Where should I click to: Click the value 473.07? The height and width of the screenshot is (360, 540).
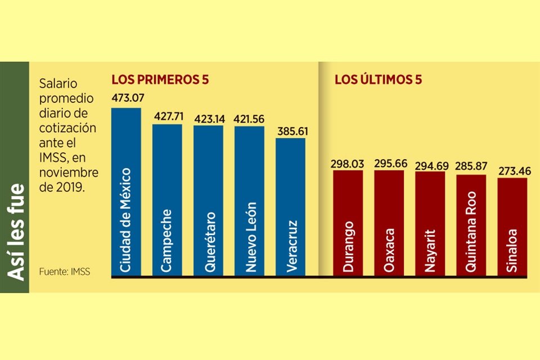coord(128,98)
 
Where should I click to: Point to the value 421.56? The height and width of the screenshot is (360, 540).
coord(249,119)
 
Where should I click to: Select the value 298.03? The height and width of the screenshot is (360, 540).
coord(348,164)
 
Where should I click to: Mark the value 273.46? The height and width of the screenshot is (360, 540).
coord(512,170)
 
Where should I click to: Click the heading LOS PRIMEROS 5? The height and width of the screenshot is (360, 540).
coord(160,80)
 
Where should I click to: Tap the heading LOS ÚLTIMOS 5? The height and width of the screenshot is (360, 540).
coord(378,80)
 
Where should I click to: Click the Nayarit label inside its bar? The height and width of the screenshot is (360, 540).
coord(430,250)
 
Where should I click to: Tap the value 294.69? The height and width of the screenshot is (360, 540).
coord(430,165)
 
